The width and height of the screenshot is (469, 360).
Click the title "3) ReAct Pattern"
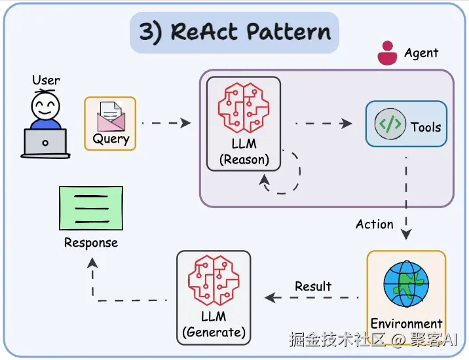click(234, 33)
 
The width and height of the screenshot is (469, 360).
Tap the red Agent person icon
click(387, 53)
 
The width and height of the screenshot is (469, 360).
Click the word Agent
click(421, 53)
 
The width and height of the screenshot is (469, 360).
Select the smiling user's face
click(45, 105)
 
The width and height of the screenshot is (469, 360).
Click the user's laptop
click(45, 143)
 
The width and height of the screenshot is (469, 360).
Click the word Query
click(111, 139)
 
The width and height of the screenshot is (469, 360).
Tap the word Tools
click(426, 126)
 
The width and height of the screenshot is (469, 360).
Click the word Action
click(375, 225)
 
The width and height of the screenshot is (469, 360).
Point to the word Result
click(313, 286)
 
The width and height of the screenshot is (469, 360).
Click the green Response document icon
click(90, 208)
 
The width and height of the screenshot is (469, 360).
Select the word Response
click(91, 243)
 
